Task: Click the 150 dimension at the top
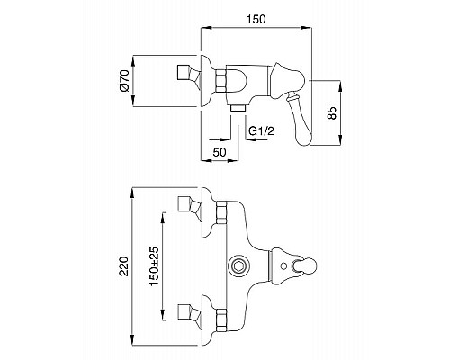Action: pos(256,19)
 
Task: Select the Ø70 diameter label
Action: pos(124,80)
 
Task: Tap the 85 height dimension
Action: pos(332,113)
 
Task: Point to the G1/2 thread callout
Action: pos(262,130)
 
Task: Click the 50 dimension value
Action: pos(220,152)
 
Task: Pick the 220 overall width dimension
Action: pos(124,266)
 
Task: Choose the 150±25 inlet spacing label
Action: pos(154,266)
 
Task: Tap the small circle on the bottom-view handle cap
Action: pos(283,266)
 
